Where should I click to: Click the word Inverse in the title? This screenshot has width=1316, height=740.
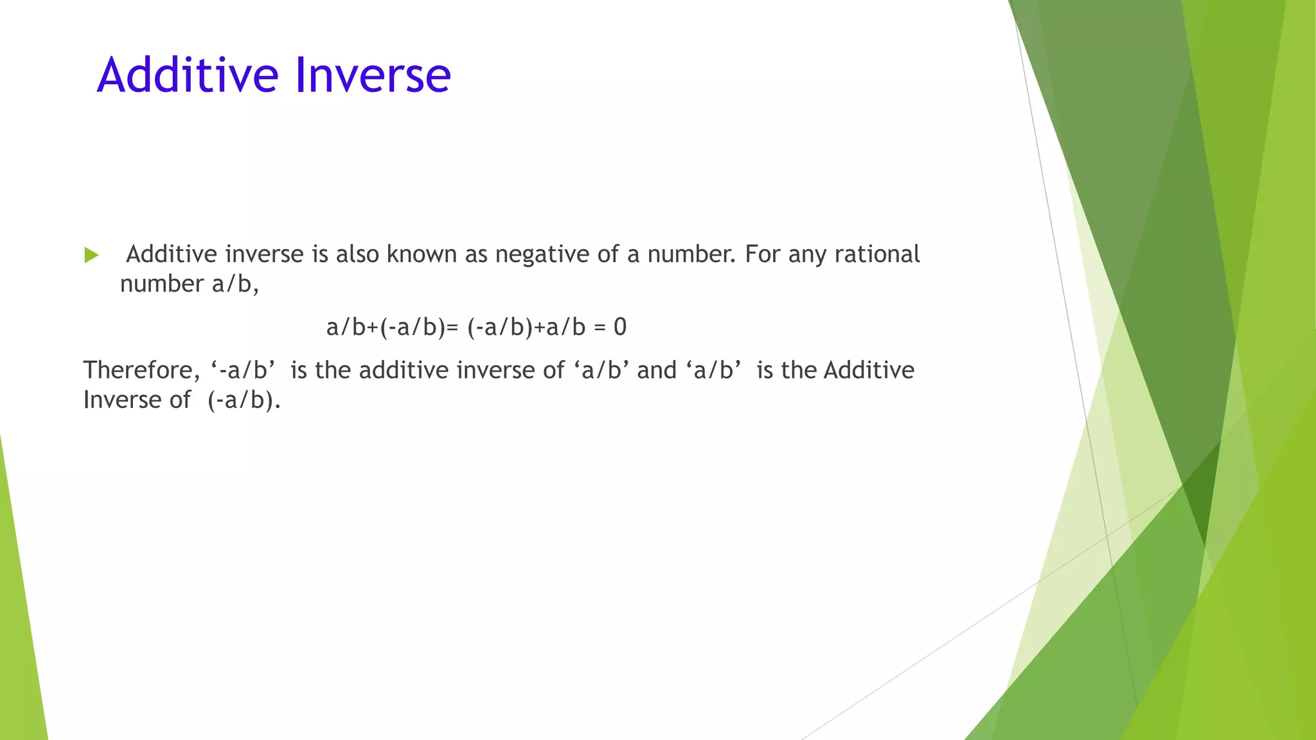[373, 75]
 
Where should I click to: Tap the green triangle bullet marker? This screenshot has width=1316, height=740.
[91, 255]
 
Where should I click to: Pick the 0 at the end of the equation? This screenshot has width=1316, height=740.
[620, 328]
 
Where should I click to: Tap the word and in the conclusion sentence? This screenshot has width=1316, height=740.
[657, 371]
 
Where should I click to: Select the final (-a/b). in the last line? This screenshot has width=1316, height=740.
[244, 400]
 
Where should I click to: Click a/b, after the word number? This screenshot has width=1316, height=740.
[235, 284]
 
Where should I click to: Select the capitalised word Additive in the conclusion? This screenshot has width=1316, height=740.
[869, 371]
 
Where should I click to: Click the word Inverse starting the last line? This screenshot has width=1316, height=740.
[122, 400]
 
